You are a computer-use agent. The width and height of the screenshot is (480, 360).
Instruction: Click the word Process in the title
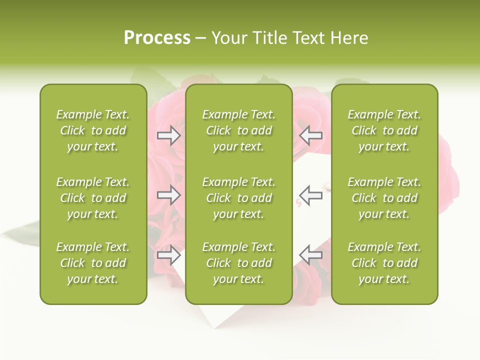point(157,38)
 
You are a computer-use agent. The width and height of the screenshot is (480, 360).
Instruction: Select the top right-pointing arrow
point(168,135)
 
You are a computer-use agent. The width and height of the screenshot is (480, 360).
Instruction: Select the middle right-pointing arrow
point(168,195)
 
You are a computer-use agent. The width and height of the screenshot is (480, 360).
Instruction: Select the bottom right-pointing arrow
point(168,255)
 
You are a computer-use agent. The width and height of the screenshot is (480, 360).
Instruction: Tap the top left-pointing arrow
point(311,135)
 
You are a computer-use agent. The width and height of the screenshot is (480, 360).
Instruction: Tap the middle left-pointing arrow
point(311,195)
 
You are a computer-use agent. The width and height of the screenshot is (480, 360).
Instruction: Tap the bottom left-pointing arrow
point(311,255)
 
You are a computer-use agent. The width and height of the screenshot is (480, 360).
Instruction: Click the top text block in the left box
point(93,130)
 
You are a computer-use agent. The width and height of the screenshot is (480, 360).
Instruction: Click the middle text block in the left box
point(93,198)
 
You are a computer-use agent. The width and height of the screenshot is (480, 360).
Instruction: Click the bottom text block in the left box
point(93,263)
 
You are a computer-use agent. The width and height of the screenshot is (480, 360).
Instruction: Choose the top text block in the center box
point(238,130)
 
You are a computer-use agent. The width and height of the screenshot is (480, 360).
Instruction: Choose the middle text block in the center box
point(238,198)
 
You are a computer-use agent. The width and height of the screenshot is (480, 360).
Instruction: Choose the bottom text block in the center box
point(238,263)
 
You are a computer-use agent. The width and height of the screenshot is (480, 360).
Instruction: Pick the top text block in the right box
point(384,130)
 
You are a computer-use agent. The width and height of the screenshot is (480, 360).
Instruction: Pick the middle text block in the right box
point(384,198)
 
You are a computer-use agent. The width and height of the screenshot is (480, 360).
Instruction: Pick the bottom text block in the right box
point(384,263)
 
